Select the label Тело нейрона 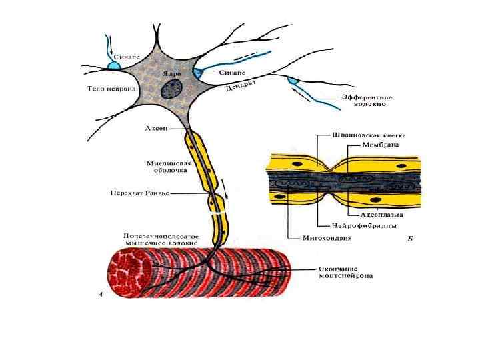pos(111,88)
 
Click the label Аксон pos(156,127)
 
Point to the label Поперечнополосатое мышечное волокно pos(161,240)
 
